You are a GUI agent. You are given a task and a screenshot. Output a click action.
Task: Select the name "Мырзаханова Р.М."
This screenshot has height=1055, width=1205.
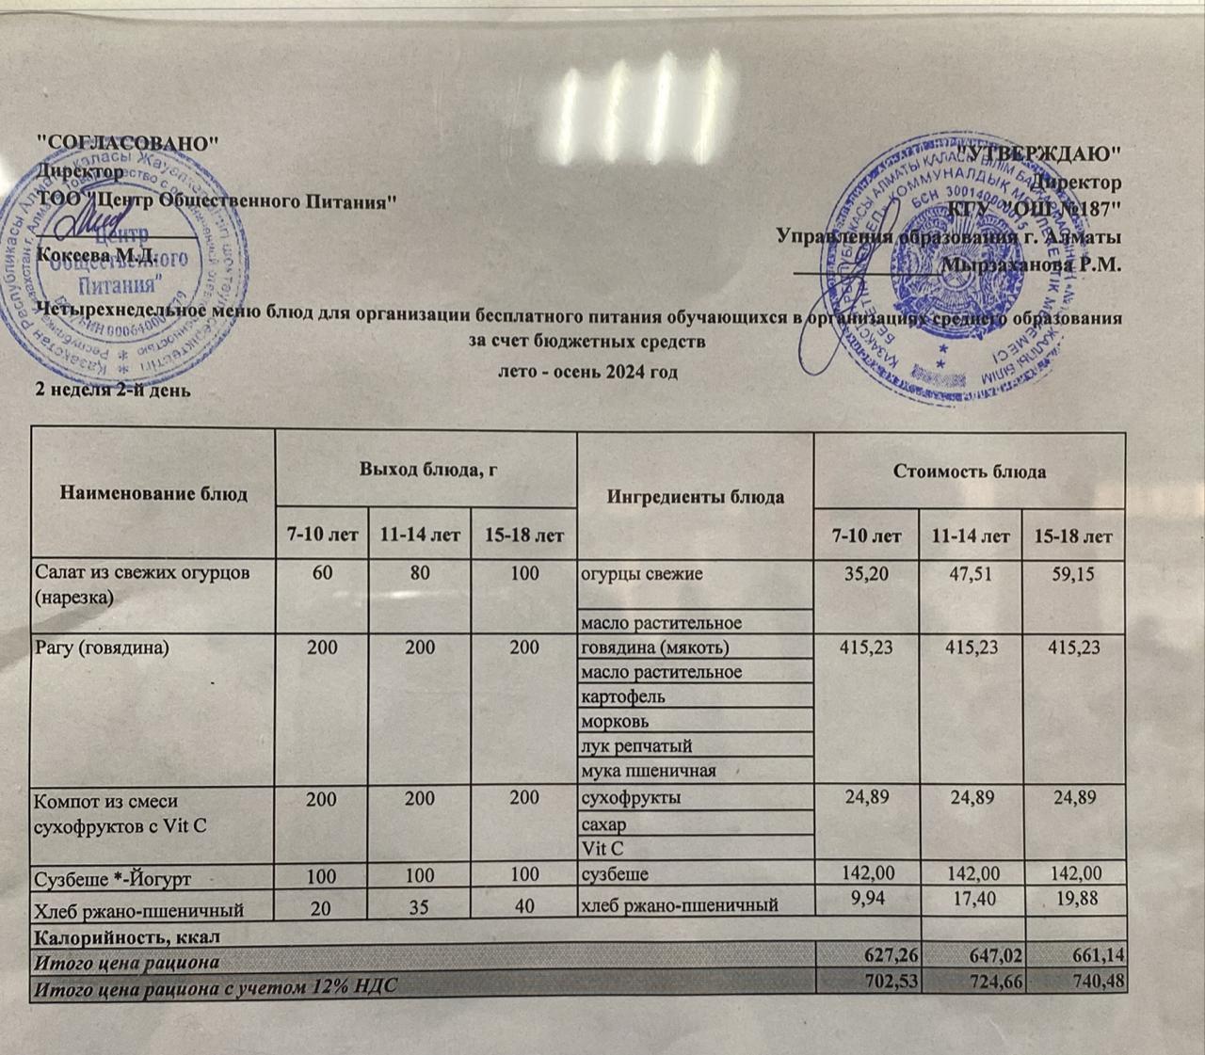coord(1035,264)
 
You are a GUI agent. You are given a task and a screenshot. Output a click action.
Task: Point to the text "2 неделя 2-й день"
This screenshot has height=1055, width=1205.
coord(113,389)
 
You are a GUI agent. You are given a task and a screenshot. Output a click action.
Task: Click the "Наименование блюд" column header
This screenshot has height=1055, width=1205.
coord(153,493)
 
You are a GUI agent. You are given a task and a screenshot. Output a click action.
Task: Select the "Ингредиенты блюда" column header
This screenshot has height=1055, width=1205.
coord(696,496)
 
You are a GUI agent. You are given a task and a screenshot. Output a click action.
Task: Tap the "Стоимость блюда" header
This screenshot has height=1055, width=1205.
coord(970,472)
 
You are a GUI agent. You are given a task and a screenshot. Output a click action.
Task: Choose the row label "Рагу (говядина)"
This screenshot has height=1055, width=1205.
coord(103,647)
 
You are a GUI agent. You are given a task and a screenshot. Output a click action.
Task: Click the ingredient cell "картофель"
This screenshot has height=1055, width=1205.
coord(623,697)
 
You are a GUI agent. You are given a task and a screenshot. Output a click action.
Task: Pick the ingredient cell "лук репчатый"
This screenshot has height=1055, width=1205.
coord(637,746)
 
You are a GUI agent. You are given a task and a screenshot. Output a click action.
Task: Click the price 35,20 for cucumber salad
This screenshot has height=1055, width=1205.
coord(867,573)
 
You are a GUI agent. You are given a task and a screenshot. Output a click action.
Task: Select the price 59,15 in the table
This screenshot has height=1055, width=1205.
coord(1074,572)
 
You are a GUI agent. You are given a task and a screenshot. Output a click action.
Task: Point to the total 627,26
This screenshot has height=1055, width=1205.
coord(889,961)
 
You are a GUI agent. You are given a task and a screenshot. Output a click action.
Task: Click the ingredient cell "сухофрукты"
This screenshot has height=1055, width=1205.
coord(632,798)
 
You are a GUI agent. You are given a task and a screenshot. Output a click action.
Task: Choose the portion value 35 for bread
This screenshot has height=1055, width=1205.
coord(420,906)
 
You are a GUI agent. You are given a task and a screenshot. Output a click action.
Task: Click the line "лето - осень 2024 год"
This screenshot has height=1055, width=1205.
coord(587,372)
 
